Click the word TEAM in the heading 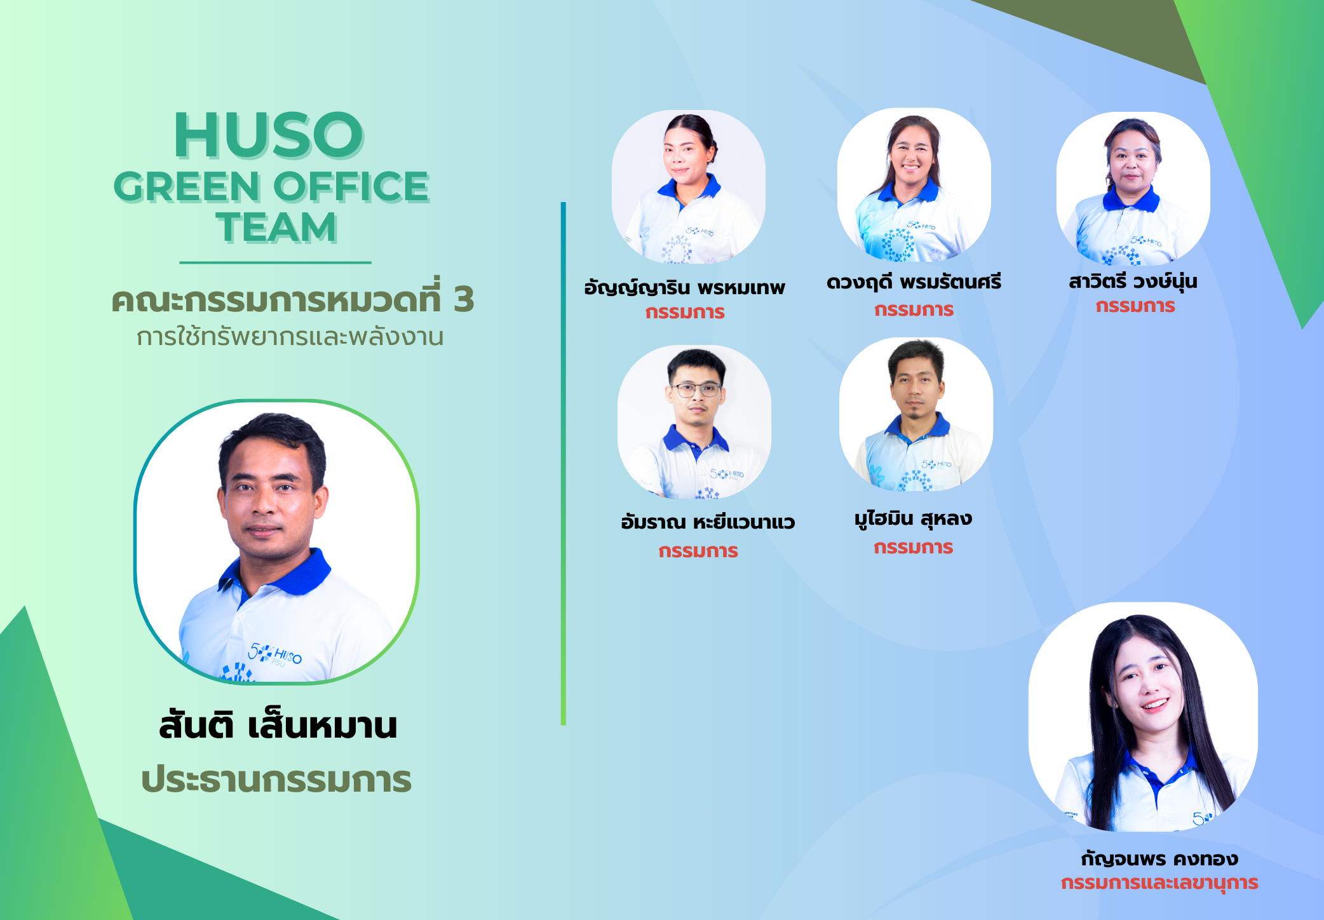(276, 227)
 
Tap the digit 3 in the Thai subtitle (464, 299)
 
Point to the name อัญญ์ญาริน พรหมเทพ (685, 287)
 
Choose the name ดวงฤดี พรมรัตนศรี (914, 281)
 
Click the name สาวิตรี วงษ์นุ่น (1133, 280)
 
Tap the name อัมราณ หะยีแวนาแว (708, 522)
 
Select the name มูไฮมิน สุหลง (914, 519)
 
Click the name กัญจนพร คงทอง (1159, 858)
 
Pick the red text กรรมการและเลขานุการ (1159, 883)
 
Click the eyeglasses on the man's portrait (696, 389)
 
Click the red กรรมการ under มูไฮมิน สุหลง (914, 547)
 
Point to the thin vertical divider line (564, 463)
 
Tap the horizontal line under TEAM (275, 262)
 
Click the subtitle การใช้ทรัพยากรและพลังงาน (290, 336)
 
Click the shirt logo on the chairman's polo (275, 653)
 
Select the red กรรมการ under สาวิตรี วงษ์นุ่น (1135, 306)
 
